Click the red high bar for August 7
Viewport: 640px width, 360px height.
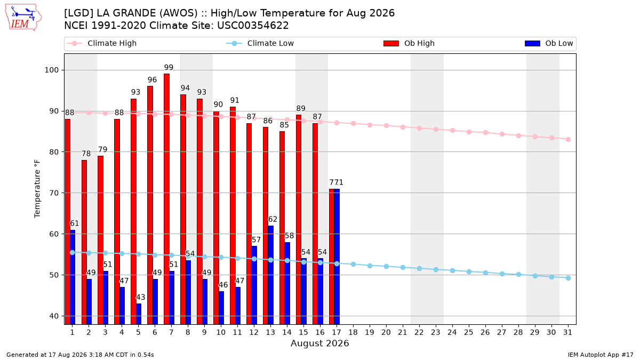pos(166,199)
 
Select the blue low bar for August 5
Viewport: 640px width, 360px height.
pos(139,314)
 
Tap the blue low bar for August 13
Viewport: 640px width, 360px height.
pos(270,275)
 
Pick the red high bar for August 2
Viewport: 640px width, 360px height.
pos(84,242)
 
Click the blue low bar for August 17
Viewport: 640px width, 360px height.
pos(337,257)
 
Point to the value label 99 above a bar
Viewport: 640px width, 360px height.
pos(169,67)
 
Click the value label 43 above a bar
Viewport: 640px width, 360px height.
pos(140,297)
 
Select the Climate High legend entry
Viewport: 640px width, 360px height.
pos(102,43)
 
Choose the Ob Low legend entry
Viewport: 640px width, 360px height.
pos(549,43)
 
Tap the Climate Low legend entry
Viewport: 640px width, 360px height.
pos(260,43)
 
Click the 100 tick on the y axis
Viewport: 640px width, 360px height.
pos(51,70)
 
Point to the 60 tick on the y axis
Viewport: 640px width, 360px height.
pos(54,234)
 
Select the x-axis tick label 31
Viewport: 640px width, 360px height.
pos(567,332)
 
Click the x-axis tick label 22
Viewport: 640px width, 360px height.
pos(419,332)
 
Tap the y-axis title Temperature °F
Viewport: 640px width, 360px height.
pos(37,189)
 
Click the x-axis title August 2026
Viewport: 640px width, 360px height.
pos(319,343)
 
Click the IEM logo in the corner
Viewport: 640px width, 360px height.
pos(23,18)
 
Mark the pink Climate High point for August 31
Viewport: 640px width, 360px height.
pos(569,139)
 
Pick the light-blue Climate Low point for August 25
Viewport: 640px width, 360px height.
pos(469,271)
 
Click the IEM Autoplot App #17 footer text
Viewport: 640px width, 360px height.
pos(601,355)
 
